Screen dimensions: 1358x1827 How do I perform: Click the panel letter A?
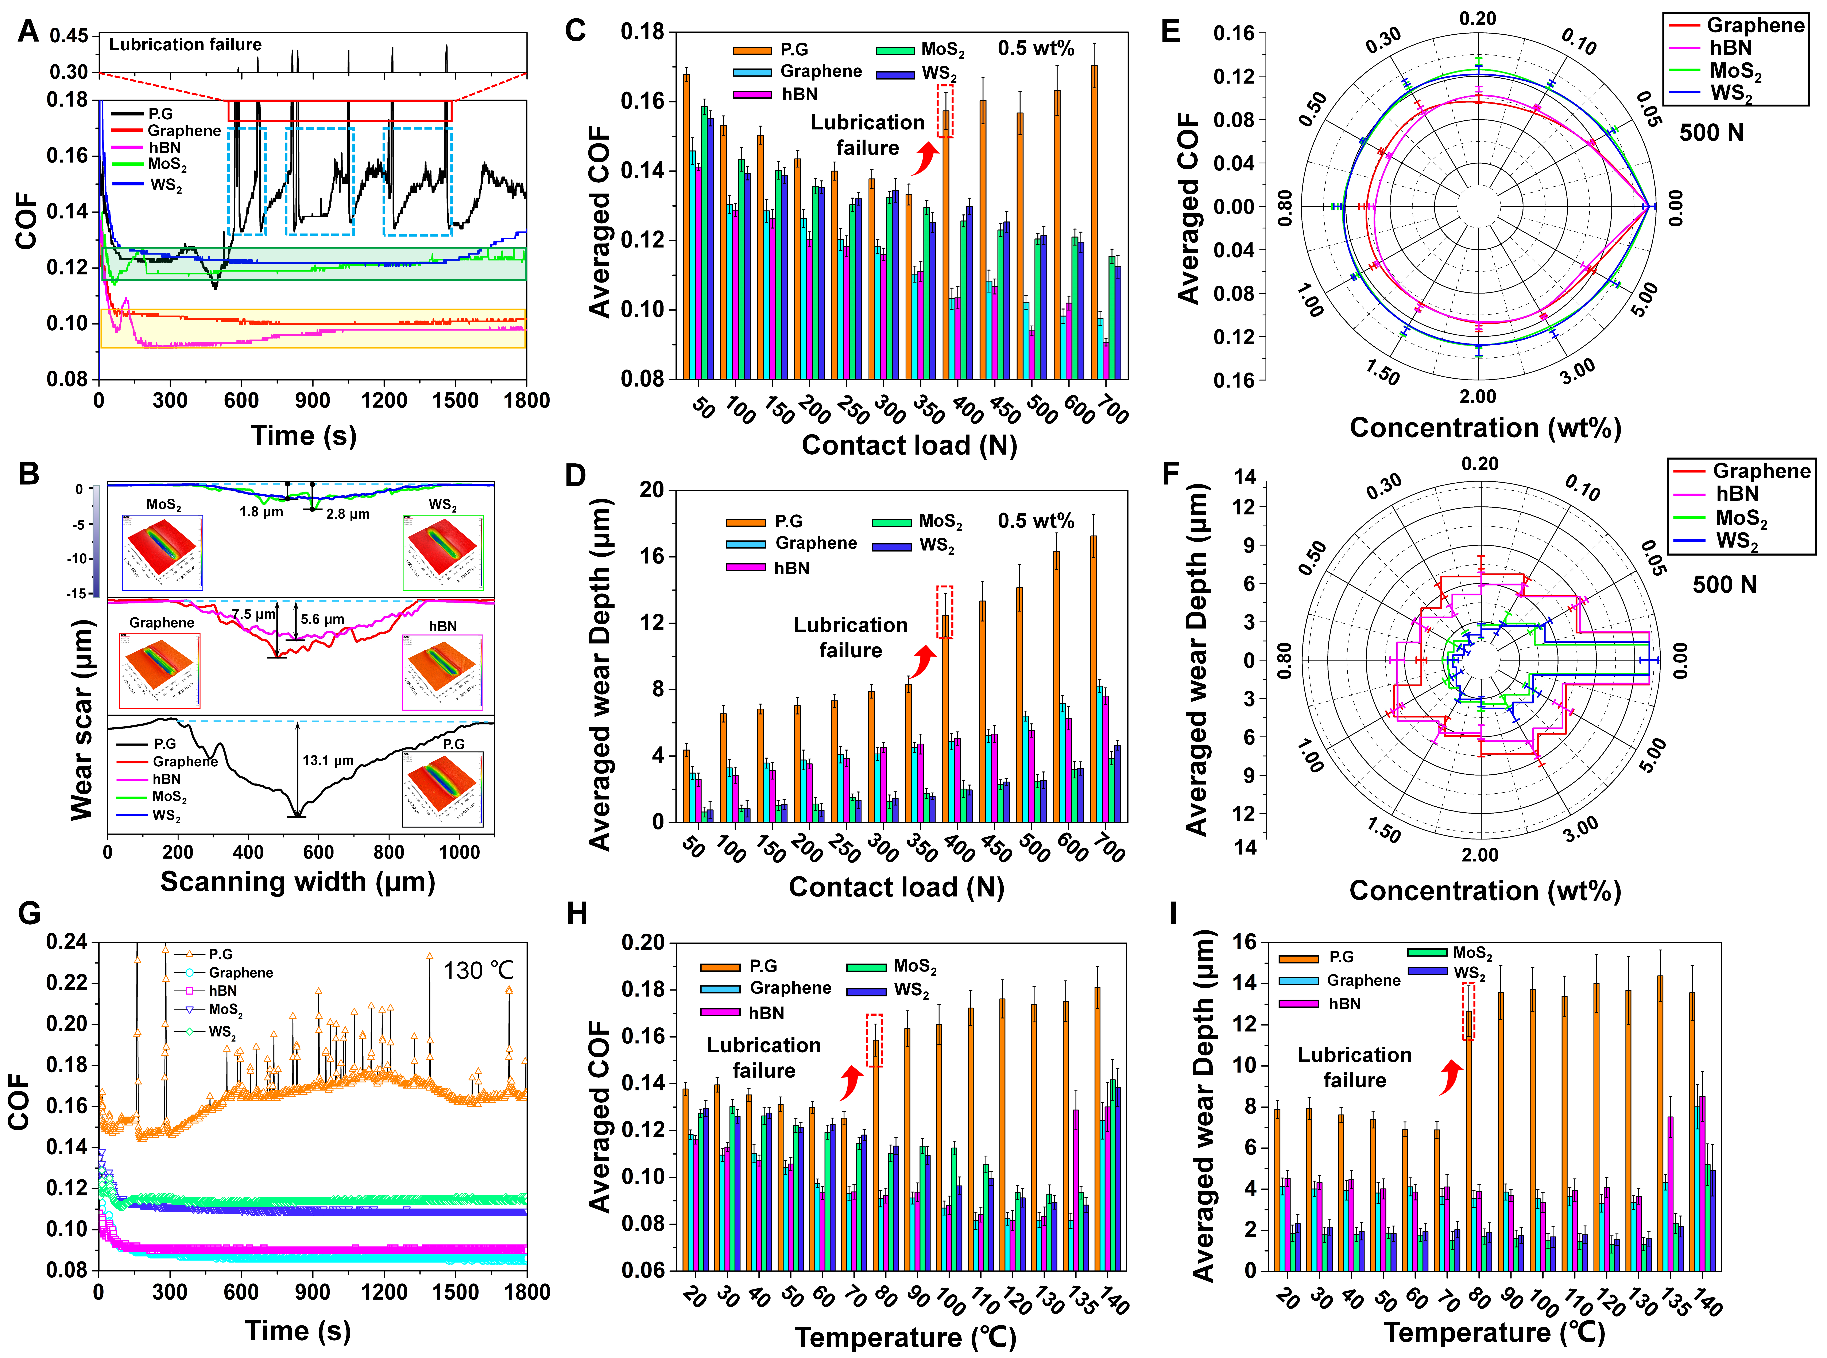pos(28,31)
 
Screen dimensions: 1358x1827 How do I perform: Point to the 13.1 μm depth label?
pos(327,760)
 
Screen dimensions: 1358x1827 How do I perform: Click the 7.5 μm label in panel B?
pos(253,614)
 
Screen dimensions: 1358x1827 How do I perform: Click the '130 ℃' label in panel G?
pos(479,971)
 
